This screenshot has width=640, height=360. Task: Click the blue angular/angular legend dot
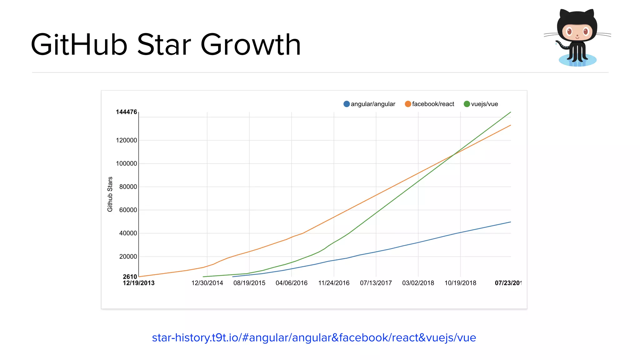tap(346, 104)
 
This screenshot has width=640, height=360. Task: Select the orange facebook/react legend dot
tap(408, 104)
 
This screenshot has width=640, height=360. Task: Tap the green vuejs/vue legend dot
tap(467, 104)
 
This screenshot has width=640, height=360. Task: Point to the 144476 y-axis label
tap(126, 112)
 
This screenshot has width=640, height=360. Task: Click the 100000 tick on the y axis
tap(126, 163)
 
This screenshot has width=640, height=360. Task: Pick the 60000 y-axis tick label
tap(128, 210)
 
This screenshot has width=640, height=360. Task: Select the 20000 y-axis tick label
tap(128, 257)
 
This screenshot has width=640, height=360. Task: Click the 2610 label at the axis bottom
tap(130, 277)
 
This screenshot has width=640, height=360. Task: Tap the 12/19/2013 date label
tap(139, 283)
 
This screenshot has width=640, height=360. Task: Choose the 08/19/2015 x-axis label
tap(249, 283)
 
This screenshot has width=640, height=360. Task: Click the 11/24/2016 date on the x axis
tap(334, 283)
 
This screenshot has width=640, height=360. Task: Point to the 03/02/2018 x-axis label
tap(418, 283)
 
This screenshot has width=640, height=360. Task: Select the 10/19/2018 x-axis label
tap(460, 283)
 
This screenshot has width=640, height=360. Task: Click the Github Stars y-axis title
tap(110, 194)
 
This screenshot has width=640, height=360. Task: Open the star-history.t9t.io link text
tap(314, 338)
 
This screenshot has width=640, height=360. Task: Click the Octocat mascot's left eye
tap(569, 31)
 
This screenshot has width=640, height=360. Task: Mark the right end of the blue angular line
tap(511, 222)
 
